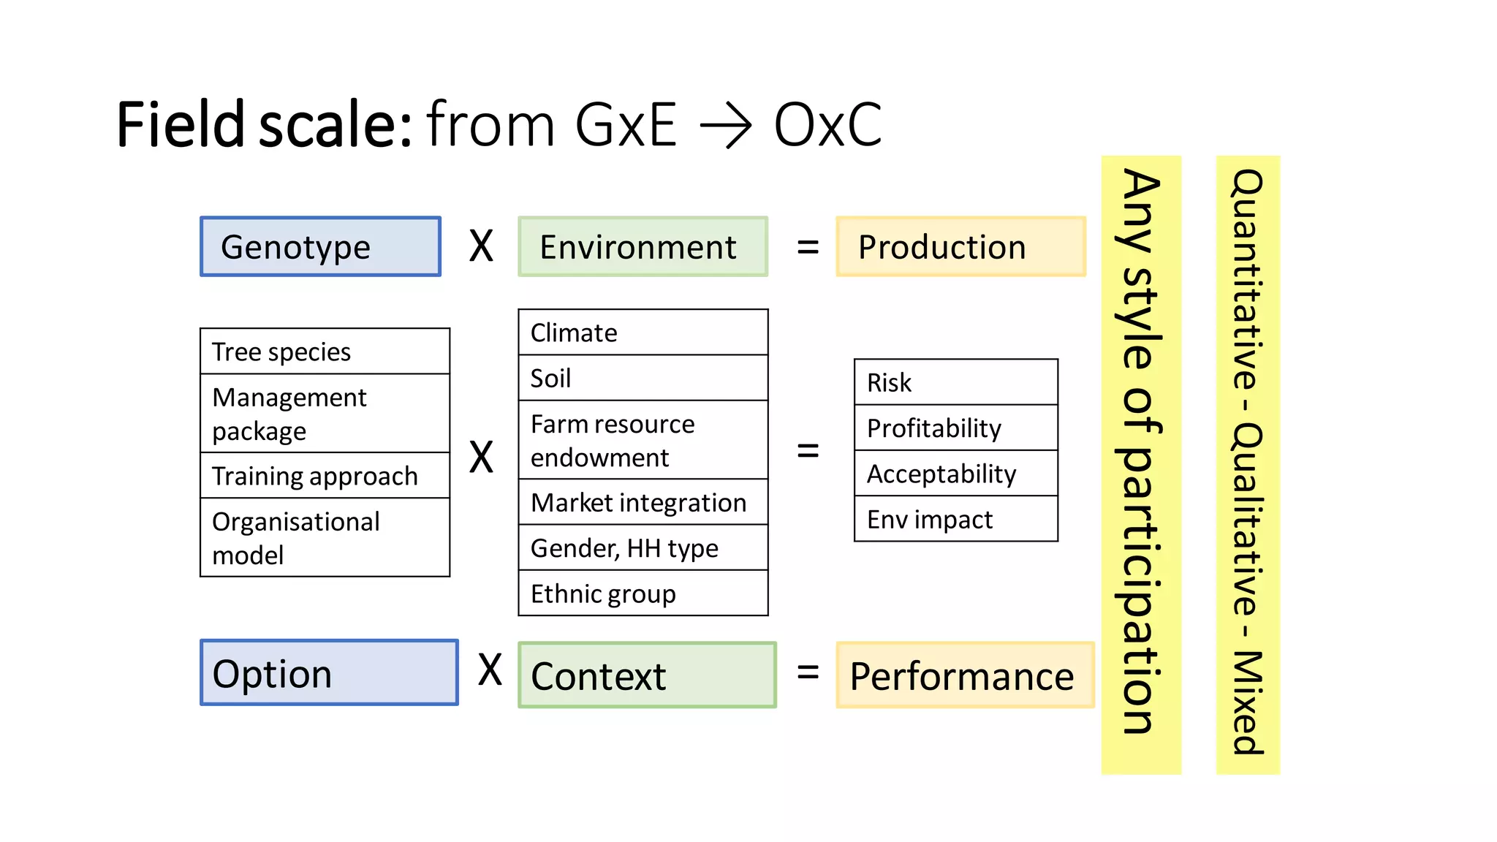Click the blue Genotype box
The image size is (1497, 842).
pos(321,246)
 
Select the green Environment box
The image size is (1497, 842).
pos(643,246)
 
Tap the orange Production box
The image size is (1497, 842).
pos(960,246)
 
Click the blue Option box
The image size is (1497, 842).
pos(329,672)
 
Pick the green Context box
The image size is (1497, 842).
pos(647,675)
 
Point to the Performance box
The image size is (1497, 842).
pos(964,675)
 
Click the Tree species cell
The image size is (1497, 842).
pos(325,352)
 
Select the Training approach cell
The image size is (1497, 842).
pos(325,476)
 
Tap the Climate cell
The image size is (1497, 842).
pos(643,333)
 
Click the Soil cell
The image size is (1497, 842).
pos(643,378)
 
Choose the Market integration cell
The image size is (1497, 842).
pos(643,502)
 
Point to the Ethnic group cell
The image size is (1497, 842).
pos(643,593)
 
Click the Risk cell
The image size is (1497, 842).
pos(955,382)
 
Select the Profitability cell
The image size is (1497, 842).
pos(955,428)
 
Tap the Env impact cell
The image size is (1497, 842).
pos(955,519)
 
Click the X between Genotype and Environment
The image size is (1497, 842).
pos(481,246)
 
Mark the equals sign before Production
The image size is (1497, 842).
pos(808,247)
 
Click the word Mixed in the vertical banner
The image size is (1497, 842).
pos(1248,702)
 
